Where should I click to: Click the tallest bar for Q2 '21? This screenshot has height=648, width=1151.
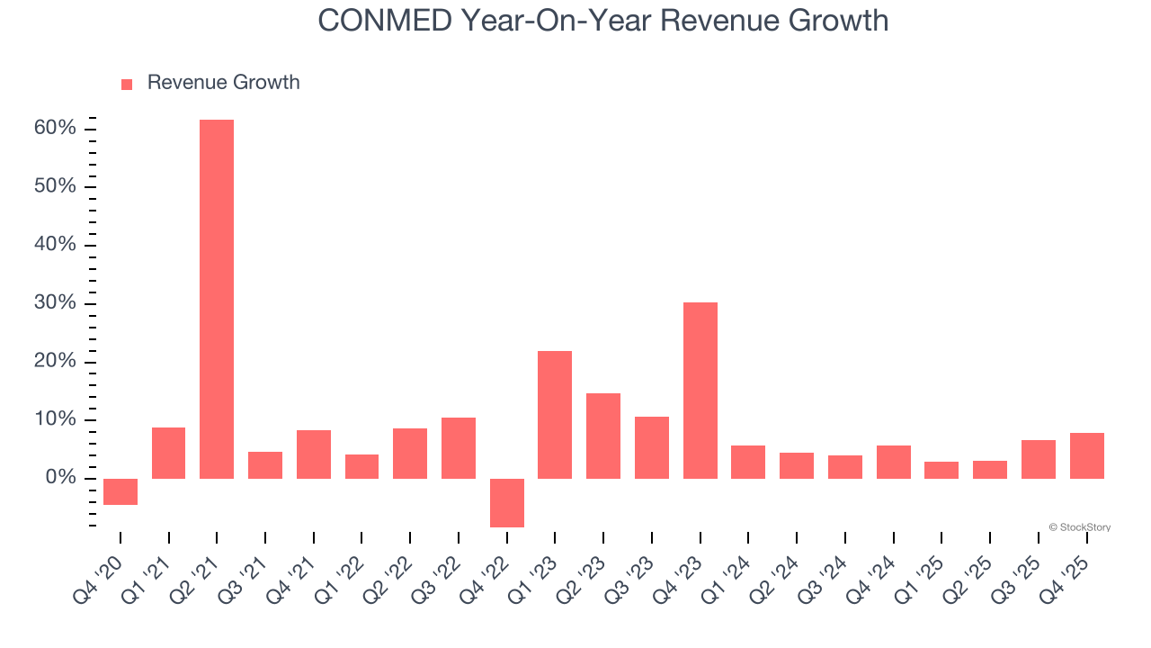pyautogui.click(x=217, y=299)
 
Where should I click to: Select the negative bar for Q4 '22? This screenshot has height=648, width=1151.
pyautogui.click(x=507, y=502)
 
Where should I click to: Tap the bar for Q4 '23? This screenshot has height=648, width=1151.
pyautogui.click(x=700, y=390)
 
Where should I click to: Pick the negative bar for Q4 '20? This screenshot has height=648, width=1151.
pyautogui.click(x=120, y=491)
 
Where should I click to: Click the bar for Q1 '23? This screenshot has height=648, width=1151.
pyautogui.click(x=555, y=414)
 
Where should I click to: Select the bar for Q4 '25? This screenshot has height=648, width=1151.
pyautogui.click(x=1086, y=455)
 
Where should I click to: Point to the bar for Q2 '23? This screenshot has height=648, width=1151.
pyautogui.click(x=603, y=436)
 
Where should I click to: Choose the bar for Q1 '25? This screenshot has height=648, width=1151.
pyautogui.click(x=941, y=470)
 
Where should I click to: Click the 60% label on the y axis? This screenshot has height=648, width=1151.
pyautogui.click(x=55, y=129)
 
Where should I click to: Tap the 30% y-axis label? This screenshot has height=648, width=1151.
pyautogui.click(x=55, y=303)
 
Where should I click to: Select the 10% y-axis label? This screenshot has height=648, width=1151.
pyautogui.click(x=55, y=419)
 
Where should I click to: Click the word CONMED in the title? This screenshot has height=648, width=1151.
pyautogui.click(x=384, y=21)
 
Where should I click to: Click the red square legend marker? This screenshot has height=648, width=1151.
pyautogui.click(x=127, y=84)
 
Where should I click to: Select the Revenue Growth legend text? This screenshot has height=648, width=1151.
pyautogui.click(x=223, y=83)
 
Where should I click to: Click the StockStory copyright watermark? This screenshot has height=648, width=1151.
pyautogui.click(x=1079, y=527)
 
